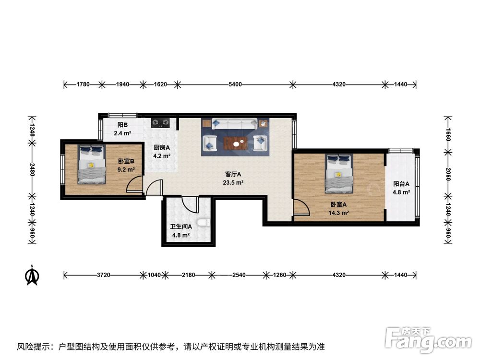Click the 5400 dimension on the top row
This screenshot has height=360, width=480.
coord(235,84)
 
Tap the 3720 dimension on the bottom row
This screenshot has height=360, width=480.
coord(104,275)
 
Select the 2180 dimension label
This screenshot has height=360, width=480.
coord(188,275)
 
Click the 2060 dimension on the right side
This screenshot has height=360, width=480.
coord(448,174)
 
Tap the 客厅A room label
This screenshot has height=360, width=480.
coord(233,174)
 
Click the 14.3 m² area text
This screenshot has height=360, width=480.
coord(338,213)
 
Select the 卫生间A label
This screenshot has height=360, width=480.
coord(181,227)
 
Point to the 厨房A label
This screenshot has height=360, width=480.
coord(162,147)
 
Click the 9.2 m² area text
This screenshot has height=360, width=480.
coord(126,169)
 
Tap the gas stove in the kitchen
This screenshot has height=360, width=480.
coord(160,123)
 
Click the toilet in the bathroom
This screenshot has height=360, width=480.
coord(204,223)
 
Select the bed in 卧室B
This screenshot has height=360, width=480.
coord(92,164)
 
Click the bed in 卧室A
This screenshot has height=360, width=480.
coord(339,173)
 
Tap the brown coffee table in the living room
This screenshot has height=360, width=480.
coord(235,143)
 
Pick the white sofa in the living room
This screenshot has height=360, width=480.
coord(235,124)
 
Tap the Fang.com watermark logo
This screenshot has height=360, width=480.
coord(428,339)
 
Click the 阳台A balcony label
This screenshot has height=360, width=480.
coord(401,184)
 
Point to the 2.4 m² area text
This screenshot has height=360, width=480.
coord(122,133)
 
